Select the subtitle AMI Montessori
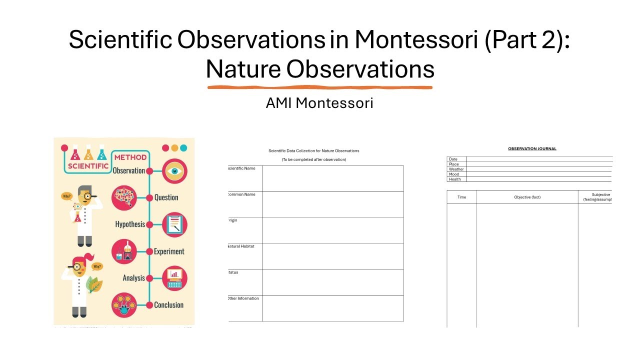click(x=319, y=103)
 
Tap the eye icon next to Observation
click(x=174, y=171)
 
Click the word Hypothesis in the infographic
click(x=130, y=224)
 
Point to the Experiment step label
click(x=169, y=251)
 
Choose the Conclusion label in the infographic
click(x=168, y=305)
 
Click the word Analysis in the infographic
click(x=133, y=278)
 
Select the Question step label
click(x=166, y=197)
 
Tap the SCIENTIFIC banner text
click(x=88, y=166)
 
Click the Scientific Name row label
click(x=241, y=168)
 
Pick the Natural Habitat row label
click(x=241, y=246)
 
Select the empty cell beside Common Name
click(x=332, y=204)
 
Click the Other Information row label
click(x=243, y=298)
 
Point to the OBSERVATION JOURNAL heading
click(x=532, y=148)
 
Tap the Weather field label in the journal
click(x=456, y=169)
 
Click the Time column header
click(x=461, y=197)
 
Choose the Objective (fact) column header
click(x=527, y=197)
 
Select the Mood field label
click(x=454, y=174)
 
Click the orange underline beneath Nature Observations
click(x=320, y=87)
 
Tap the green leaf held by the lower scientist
click(x=94, y=284)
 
